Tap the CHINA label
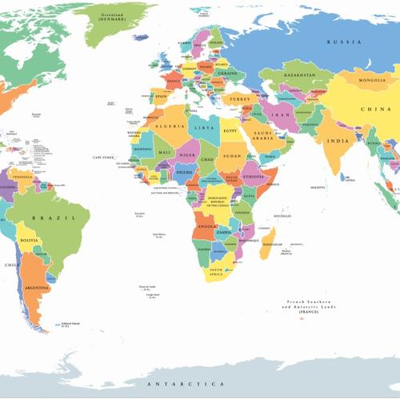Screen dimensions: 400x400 pos(375,109)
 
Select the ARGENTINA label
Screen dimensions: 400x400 pos(38,286)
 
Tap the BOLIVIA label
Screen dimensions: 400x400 pos(29,240)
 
